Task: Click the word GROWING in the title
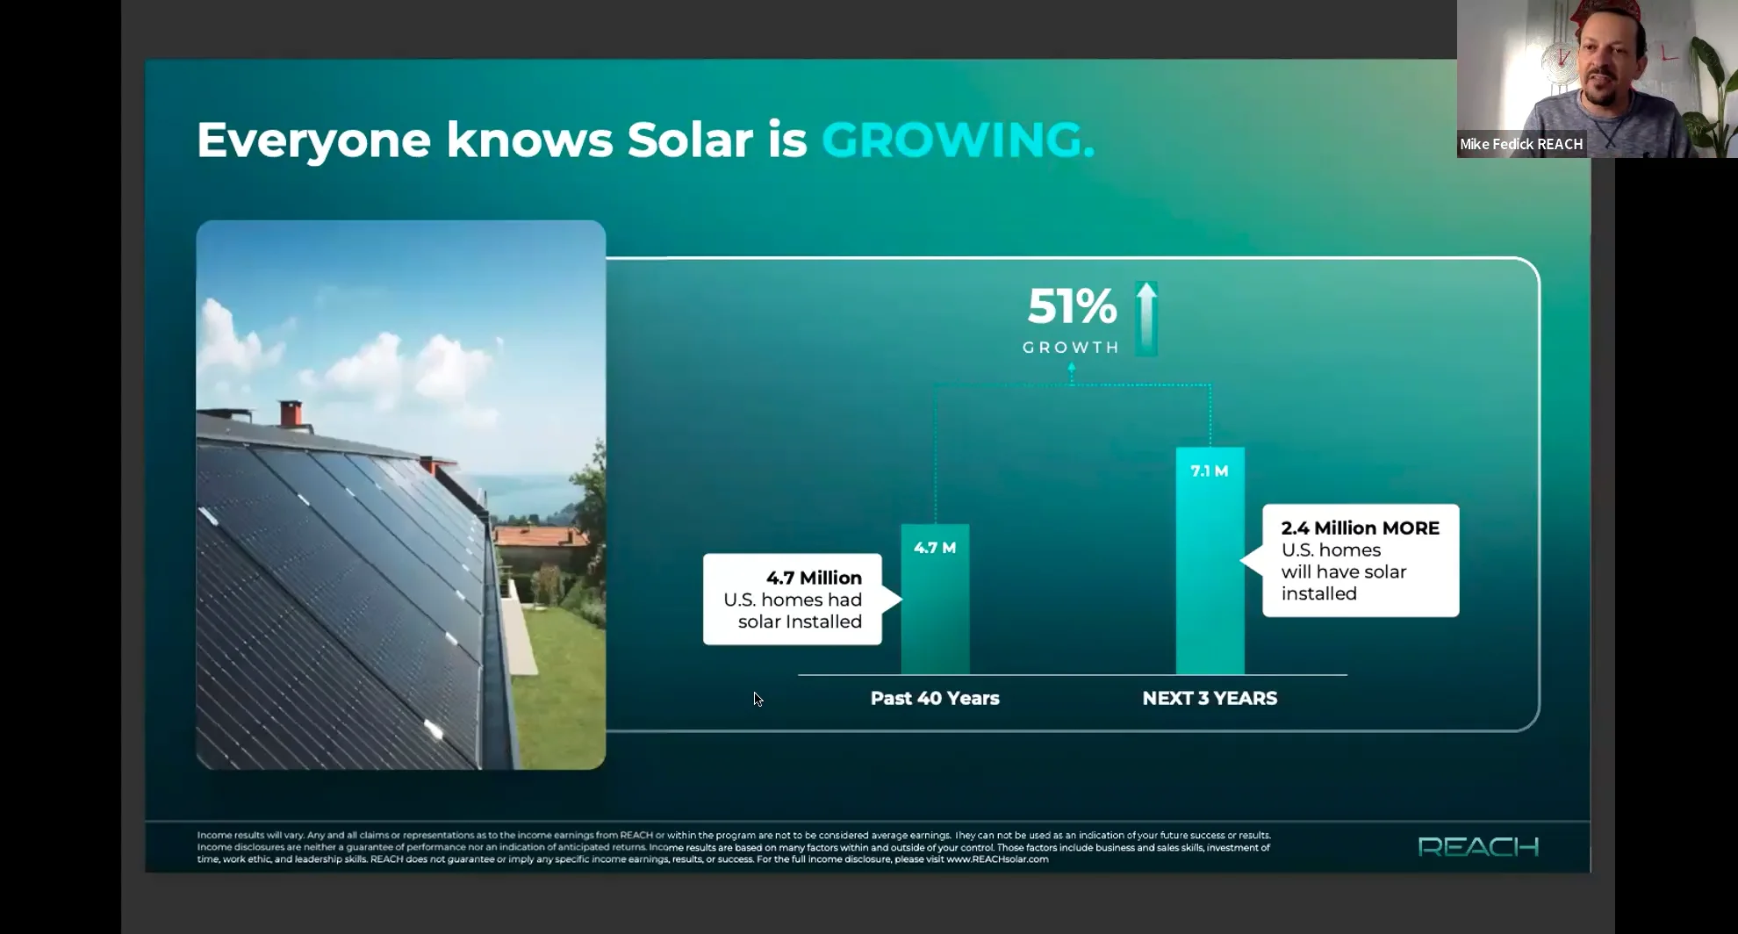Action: (957, 140)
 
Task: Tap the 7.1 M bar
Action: (1210, 562)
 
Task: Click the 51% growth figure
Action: (1072, 306)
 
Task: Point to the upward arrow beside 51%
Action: (1146, 318)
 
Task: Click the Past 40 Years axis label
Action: (935, 699)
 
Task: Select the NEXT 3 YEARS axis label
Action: (1210, 699)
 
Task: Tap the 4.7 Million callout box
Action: (793, 600)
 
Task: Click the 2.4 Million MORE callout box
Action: (1361, 560)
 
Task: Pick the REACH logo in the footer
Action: (1478, 847)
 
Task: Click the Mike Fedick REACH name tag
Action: (1521, 144)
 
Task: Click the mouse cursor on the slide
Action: (758, 699)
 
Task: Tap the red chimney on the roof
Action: (291, 413)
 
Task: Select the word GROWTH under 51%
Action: (1071, 348)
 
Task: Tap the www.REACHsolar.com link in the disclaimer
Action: (997, 859)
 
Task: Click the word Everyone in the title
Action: (313, 140)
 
